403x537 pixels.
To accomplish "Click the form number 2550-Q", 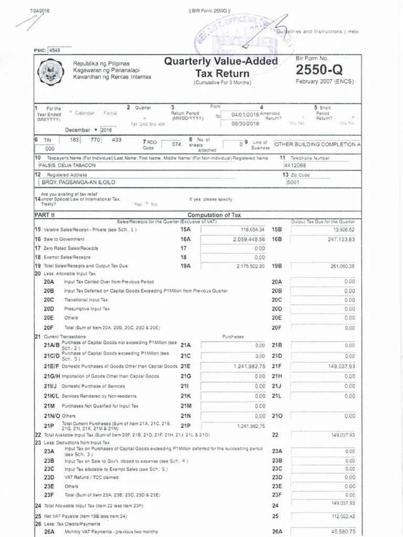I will [320, 70].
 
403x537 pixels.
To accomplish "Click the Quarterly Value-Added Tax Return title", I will [221, 67].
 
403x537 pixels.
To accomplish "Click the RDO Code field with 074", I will [176, 144].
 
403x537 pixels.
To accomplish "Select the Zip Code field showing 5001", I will [293, 182].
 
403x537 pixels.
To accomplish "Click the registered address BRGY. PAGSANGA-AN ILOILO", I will [79, 182].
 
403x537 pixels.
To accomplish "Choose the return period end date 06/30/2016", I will [246, 124].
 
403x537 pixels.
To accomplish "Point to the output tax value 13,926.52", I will [344, 230].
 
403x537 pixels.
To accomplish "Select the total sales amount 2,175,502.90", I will [250, 266].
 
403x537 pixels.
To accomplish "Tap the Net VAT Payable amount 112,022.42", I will [343, 516].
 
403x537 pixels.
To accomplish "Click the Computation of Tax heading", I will [214, 215].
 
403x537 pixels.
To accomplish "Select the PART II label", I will [45, 215].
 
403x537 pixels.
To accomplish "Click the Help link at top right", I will [353, 31].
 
